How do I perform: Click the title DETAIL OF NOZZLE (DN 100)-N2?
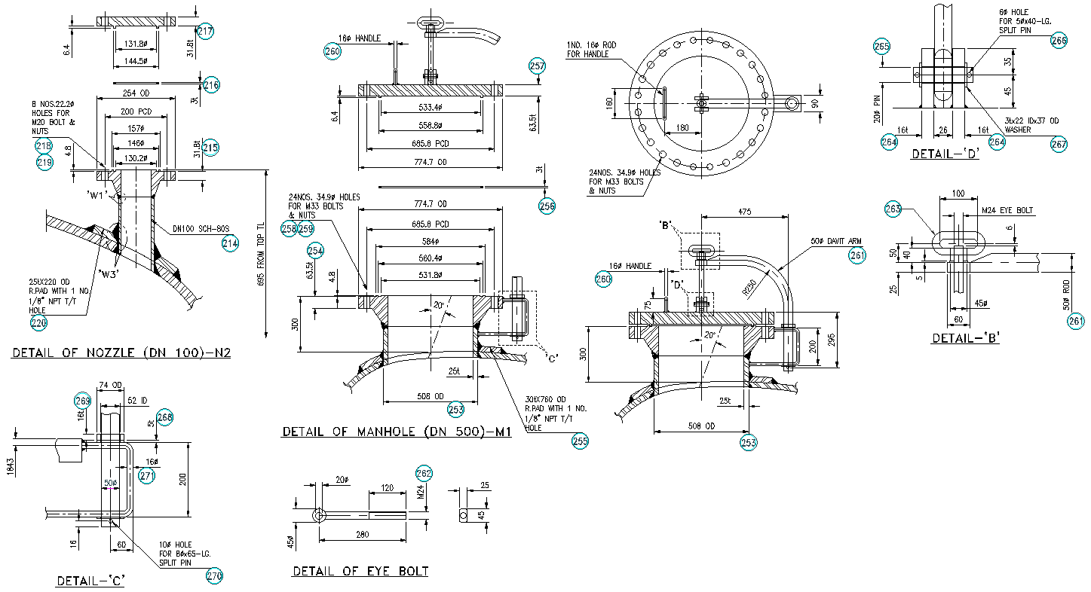click(121, 352)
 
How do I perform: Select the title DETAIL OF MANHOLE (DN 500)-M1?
click(397, 432)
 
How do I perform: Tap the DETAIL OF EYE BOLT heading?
click(360, 571)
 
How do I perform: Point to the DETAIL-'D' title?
click(945, 154)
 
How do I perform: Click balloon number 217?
click(205, 32)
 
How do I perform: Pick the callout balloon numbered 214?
click(230, 243)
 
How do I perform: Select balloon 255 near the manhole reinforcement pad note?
click(580, 443)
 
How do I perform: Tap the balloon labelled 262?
click(424, 473)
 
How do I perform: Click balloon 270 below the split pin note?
click(215, 576)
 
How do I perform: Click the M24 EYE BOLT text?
click(1007, 211)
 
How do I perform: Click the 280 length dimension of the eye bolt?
click(363, 534)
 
